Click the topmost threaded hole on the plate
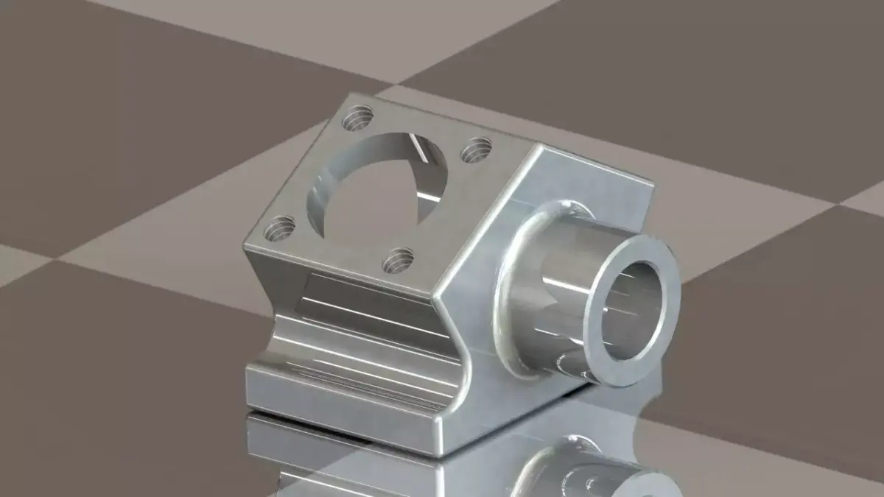pyautogui.click(x=359, y=116)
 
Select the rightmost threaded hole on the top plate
pyautogui.click(x=477, y=150)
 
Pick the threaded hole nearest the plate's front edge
pyautogui.click(x=399, y=259)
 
